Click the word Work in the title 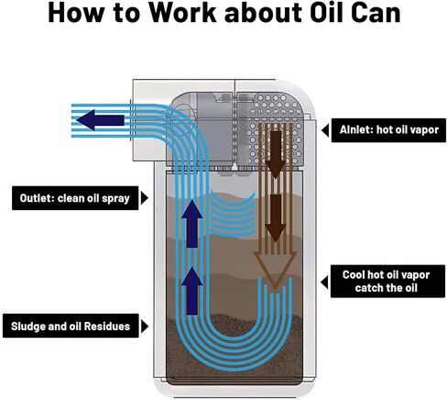(182, 13)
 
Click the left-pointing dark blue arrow (100, 120)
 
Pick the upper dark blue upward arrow (191, 224)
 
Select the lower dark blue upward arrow (191, 290)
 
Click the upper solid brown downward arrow (276, 155)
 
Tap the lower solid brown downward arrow (276, 218)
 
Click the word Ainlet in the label (355, 129)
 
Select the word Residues (107, 327)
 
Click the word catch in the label (366, 288)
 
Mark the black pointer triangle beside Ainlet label (325, 130)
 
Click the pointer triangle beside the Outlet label (145, 198)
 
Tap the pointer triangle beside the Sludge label (145, 327)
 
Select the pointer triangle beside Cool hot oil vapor (324, 282)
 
